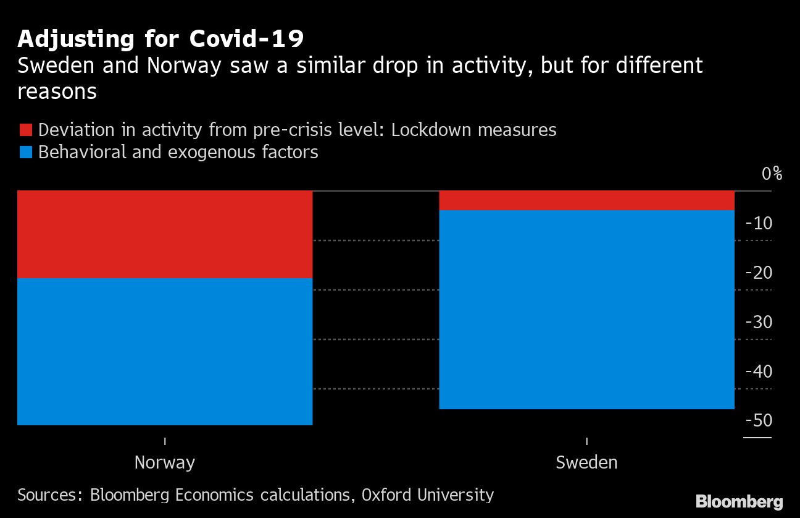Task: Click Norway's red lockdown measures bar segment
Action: pyautogui.click(x=165, y=234)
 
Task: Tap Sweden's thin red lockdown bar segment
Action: pyautogui.click(x=586, y=200)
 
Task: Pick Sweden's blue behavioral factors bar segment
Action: pyautogui.click(x=586, y=309)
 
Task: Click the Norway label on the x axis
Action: pyautogui.click(x=165, y=462)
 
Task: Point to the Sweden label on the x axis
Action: pyautogui.click(x=586, y=462)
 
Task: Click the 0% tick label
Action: pyautogui.click(x=772, y=174)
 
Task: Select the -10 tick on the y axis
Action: pyautogui.click(x=759, y=224)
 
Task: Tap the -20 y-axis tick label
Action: pyautogui.click(x=759, y=273)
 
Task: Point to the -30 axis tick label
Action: pyautogui.click(x=759, y=322)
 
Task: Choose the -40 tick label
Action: pyautogui.click(x=759, y=372)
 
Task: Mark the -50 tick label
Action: pyautogui.click(x=759, y=421)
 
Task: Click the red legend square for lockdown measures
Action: pyautogui.click(x=25, y=130)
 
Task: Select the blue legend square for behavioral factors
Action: pyautogui.click(x=25, y=152)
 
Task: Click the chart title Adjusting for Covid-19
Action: pyautogui.click(x=160, y=39)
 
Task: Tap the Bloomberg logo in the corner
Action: pyautogui.click(x=739, y=501)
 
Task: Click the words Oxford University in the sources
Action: pyautogui.click(x=428, y=495)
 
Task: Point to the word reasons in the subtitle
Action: pyautogui.click(x=57, y=91)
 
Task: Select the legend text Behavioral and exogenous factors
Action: pyautogui.click(x=178, y=152)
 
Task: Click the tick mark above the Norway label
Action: pyautogui.click(x=165, y=441)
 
